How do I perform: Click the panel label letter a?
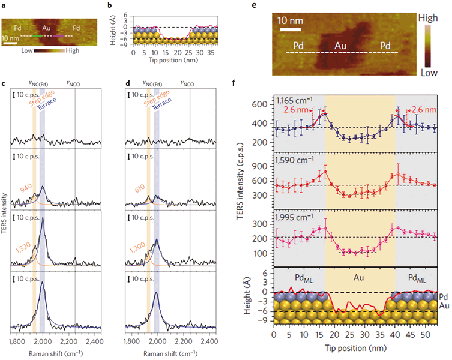tap(4, 5)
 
